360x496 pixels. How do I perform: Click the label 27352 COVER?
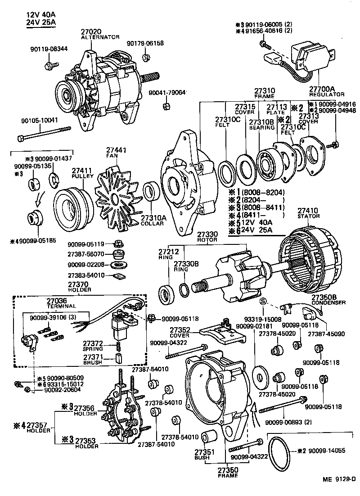(x=179, y=332)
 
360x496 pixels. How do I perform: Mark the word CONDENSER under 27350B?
(x=328, y=302)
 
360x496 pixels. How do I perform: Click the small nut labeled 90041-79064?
(x=165, y=106)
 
